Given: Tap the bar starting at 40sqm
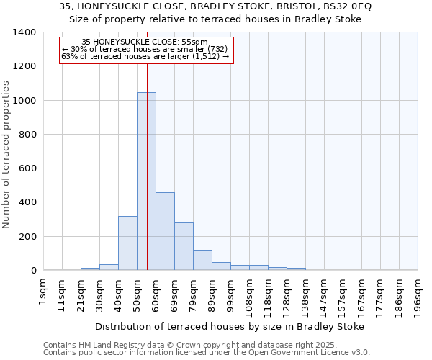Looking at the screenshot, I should pos(127,243).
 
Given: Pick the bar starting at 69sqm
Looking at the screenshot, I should pos(184,246).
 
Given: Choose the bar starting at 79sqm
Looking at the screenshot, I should pos(202,260).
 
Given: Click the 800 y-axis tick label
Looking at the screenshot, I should pos(27,135).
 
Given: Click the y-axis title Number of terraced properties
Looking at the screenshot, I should pos(7,154).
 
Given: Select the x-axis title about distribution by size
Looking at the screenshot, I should pos(230,326).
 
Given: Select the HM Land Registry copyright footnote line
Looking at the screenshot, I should pos(194,345).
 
